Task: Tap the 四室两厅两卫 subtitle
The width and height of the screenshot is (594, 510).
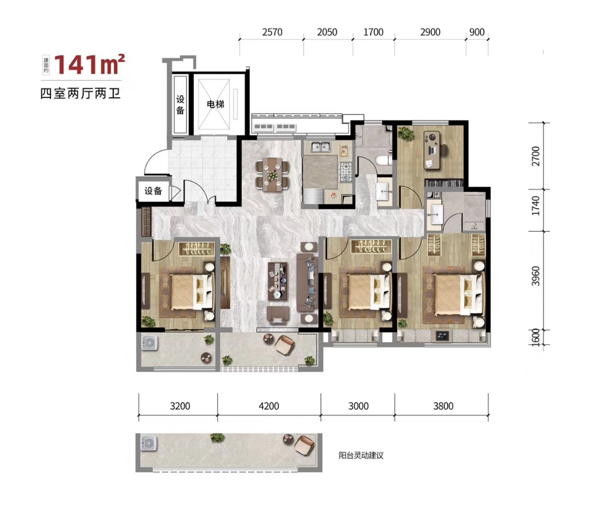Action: click(80, 93)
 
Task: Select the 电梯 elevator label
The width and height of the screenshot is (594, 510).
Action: click(216, 104)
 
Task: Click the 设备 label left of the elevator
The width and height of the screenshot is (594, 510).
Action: click(180, 104)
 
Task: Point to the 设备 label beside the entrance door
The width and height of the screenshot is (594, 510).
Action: click(153, 191)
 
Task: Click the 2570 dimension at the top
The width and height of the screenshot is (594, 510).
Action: click(272, 32)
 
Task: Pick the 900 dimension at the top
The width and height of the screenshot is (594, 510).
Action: click(477, 32)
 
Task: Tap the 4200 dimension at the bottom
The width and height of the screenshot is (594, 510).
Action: click(269, 406)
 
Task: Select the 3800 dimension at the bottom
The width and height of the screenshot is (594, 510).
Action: click(443, 406)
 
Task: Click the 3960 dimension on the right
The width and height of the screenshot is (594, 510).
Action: click(536, 276)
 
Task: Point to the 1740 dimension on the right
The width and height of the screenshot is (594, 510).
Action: click(536, 206)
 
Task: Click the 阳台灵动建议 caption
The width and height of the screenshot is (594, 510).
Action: click(361, 455)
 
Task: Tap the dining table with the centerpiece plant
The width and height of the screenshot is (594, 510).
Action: click(272, 175)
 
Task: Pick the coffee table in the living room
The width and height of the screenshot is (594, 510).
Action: click(278, 281)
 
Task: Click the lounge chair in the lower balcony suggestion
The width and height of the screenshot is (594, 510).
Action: click(304, 446)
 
